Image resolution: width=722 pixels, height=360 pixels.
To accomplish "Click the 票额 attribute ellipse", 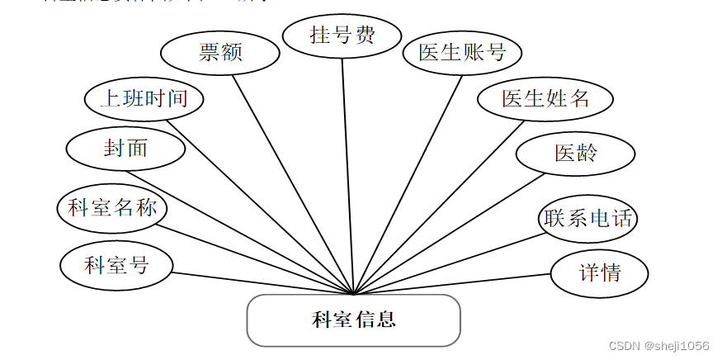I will [x=219, y=53].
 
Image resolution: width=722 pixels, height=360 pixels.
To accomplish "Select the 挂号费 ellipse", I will [x=342, y=36].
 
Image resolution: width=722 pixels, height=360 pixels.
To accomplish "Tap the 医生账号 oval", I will [x=462, y=53].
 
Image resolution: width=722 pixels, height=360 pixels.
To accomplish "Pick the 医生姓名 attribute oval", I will [x=545, y=98].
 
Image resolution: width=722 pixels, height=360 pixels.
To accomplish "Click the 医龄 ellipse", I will [x=575, y=154].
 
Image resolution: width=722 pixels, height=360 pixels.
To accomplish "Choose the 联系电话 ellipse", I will [x=588, y=219].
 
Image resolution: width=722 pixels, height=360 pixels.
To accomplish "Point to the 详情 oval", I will [x=600, y=272].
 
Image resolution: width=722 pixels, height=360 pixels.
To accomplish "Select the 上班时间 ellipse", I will [x=144, y=100].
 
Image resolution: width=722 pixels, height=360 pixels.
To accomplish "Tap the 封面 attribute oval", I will [x=125, y=148].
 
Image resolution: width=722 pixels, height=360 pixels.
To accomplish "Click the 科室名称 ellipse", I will [x=113, y=207].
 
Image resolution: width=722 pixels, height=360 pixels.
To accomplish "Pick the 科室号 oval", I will [x=116, y=265].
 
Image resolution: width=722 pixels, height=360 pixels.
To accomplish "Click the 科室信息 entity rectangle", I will [x=353, y=320].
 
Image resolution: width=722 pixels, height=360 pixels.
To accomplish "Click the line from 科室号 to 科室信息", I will [x=264, y=283].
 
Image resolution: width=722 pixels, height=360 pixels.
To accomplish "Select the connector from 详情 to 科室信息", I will [x=454, y=283].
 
